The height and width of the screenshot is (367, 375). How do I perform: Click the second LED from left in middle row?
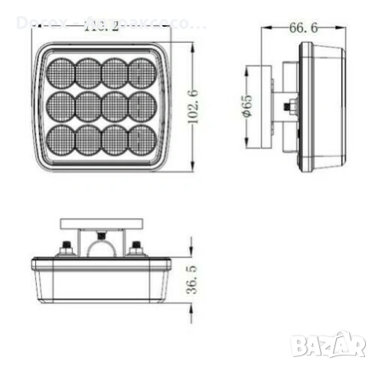click(x=88, y=106)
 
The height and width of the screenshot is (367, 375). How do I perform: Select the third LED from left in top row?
click(x=114, y=73)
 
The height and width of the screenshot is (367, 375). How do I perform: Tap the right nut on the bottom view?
click(x=135, y=248)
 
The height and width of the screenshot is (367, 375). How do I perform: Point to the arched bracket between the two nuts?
click(x=102, y=246)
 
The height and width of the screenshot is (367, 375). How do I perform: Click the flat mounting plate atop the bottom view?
click(x=102, y=222)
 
